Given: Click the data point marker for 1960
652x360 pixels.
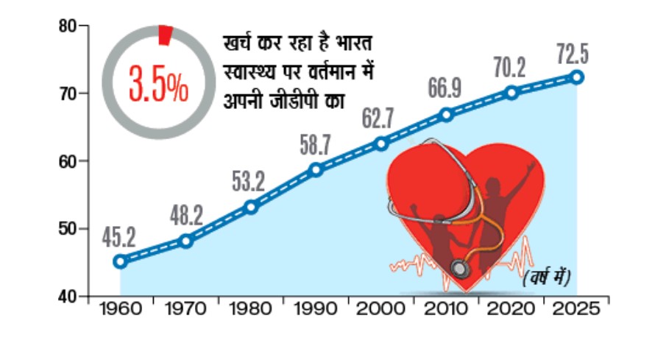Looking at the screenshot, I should click(121, 261).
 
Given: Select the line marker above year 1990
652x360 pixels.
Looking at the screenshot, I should click(316, 169).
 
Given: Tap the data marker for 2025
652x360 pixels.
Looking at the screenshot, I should click(578, 77).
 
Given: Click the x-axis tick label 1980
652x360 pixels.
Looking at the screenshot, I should click(251, 309).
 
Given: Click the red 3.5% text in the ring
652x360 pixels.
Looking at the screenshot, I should click(158, 83).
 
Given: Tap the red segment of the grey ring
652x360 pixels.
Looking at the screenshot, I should click(166, 35).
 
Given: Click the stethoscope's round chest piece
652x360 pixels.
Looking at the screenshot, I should click(461, 267).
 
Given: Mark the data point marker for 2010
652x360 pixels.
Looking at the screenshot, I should click(447, 114).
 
